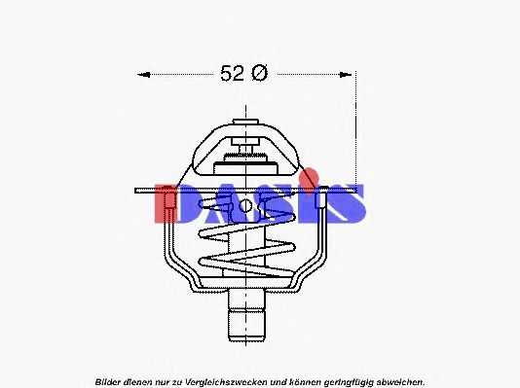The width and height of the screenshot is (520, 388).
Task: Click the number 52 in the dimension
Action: click(232, 73)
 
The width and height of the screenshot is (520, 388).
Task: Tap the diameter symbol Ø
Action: click(259, 73)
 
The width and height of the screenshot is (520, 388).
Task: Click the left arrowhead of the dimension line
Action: click(143, 75)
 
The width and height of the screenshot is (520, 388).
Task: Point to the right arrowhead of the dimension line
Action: click(346, 75)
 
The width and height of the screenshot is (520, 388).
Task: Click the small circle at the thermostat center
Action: click(245, 206)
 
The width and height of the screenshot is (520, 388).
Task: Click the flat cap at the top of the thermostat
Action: click(245, 122)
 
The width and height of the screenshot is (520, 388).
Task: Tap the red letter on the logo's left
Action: click(166, 203)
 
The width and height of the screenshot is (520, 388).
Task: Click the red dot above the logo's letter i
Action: click(310, 176)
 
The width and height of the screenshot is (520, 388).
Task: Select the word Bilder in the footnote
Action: click(108, 382)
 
